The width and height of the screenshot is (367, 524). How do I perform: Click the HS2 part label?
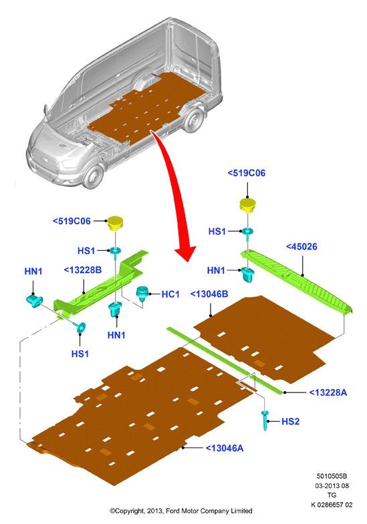[290, 421]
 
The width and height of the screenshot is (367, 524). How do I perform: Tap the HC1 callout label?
[170, 294]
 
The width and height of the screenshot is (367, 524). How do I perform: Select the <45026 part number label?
[301, 246]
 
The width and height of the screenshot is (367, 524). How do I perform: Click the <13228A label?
[328, 392]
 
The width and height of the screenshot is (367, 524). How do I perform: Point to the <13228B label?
[83, 270]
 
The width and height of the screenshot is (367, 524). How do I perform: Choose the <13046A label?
[225, 448]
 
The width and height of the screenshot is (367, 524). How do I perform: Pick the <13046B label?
[209, 294]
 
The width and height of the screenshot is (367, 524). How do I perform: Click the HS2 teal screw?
[265, 421]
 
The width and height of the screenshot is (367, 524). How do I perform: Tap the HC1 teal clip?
[142, 294]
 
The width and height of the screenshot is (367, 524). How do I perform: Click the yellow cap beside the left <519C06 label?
[115, 223]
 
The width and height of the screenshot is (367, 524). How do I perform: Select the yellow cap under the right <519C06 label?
[248, 205]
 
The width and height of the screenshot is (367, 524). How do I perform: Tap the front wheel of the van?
[93, 176]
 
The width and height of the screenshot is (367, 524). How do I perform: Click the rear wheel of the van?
[194, 121]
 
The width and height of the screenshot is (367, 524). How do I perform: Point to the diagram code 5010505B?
[332, 476]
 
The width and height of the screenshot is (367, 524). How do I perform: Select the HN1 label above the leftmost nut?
[33, 272]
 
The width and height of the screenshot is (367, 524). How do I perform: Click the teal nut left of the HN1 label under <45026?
[248, 274]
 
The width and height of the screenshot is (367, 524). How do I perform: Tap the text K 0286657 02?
[332, 505]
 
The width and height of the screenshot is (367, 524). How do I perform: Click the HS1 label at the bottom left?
[80, 354]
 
